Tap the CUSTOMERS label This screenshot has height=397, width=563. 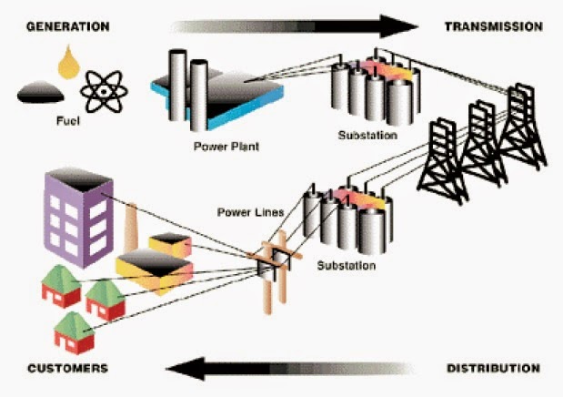[x=66, y=368]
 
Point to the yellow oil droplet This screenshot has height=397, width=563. [x=66, y=62]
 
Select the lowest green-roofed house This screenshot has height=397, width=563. [x=73, y=333]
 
